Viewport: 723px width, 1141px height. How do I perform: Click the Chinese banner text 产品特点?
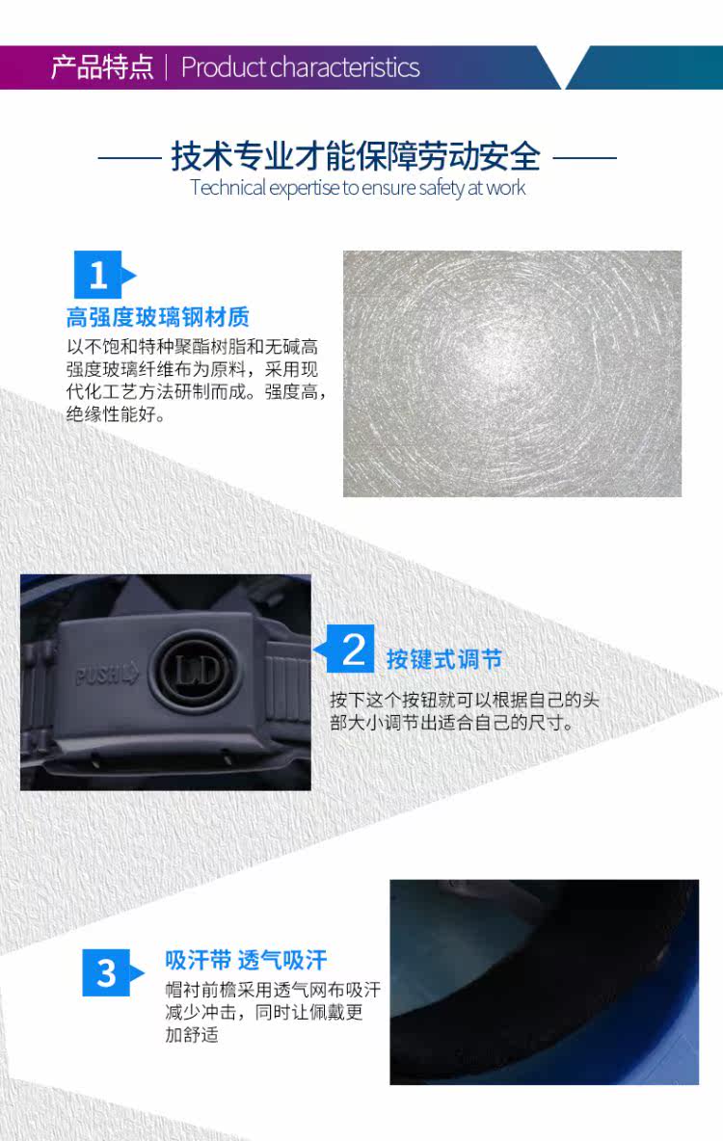pos(101,67)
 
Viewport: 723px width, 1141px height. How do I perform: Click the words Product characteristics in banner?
pos(300,67)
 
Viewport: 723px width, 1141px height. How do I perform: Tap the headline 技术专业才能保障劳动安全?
pos(356,155)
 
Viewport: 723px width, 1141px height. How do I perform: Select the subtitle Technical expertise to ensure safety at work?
pos(358,187)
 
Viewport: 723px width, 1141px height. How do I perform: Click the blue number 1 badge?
pos(98,276)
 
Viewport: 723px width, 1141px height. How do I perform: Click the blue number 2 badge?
pos(354,650)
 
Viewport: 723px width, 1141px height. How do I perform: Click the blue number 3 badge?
pos(106,972)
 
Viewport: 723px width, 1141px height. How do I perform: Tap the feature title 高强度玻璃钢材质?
pos(157,317)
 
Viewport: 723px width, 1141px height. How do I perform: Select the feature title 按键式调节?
pos(443,660)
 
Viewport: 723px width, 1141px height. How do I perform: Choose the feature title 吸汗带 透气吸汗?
pos(246,960)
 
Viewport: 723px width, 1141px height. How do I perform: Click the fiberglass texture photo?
pos(512,374)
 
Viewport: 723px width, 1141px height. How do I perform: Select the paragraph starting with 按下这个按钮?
pos(464,711)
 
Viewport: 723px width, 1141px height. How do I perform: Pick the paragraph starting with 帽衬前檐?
pos(272,1012)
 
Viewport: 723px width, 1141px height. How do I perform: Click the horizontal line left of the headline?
pos(129,156)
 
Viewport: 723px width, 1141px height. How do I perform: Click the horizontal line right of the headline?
pos(584,156)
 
